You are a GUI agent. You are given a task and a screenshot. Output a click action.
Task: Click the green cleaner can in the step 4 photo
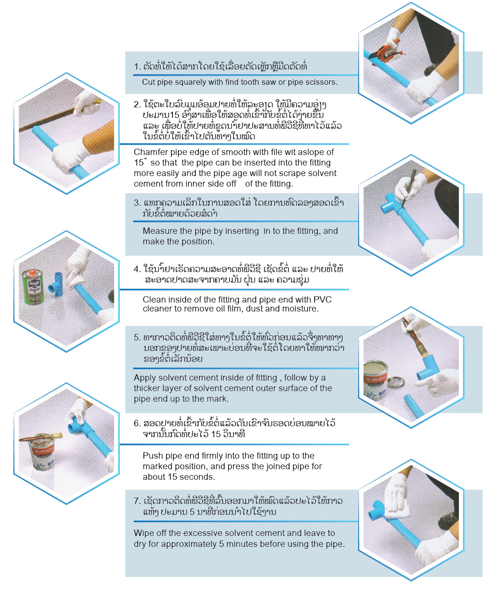point(33,287)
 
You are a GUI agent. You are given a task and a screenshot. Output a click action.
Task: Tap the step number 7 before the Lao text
point(137,501)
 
